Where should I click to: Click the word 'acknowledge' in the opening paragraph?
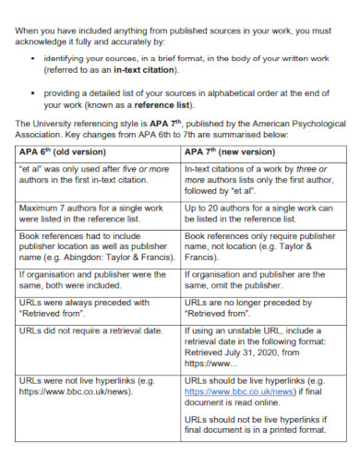[x=47, y=42]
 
